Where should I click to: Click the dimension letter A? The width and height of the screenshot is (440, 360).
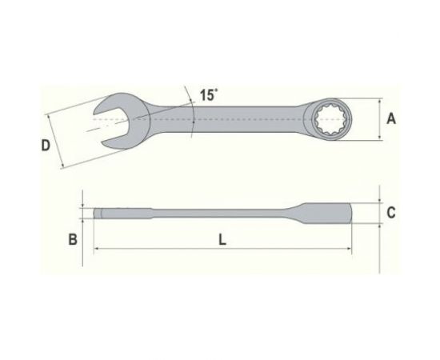click(x=390, y=119)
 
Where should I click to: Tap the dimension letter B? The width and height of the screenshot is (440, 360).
click(x=71, y=239)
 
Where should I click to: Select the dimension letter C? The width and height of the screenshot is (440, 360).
click(x=390, y=213)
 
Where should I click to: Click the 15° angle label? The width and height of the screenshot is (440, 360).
click(x=209, y=95)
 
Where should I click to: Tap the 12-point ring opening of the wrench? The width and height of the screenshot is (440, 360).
click(x=330, y=120)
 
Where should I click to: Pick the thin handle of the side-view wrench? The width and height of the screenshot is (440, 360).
click(x=216, y=213)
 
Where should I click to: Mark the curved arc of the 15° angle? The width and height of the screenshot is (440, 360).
click(x=192, y=112)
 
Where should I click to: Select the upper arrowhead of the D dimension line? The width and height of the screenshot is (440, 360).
click(x=49, y=114)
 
